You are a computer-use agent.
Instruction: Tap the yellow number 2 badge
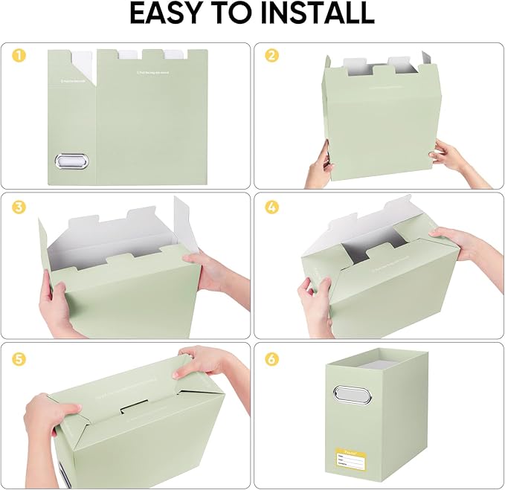(x=271, y=55)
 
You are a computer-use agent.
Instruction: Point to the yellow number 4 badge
(x=271, y=206)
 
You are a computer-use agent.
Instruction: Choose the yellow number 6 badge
(x=271, y=358)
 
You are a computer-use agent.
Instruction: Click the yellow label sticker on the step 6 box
(x=352, y=458)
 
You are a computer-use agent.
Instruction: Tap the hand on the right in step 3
(x=205, y=271)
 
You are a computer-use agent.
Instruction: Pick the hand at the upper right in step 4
(x=461, y=245)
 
